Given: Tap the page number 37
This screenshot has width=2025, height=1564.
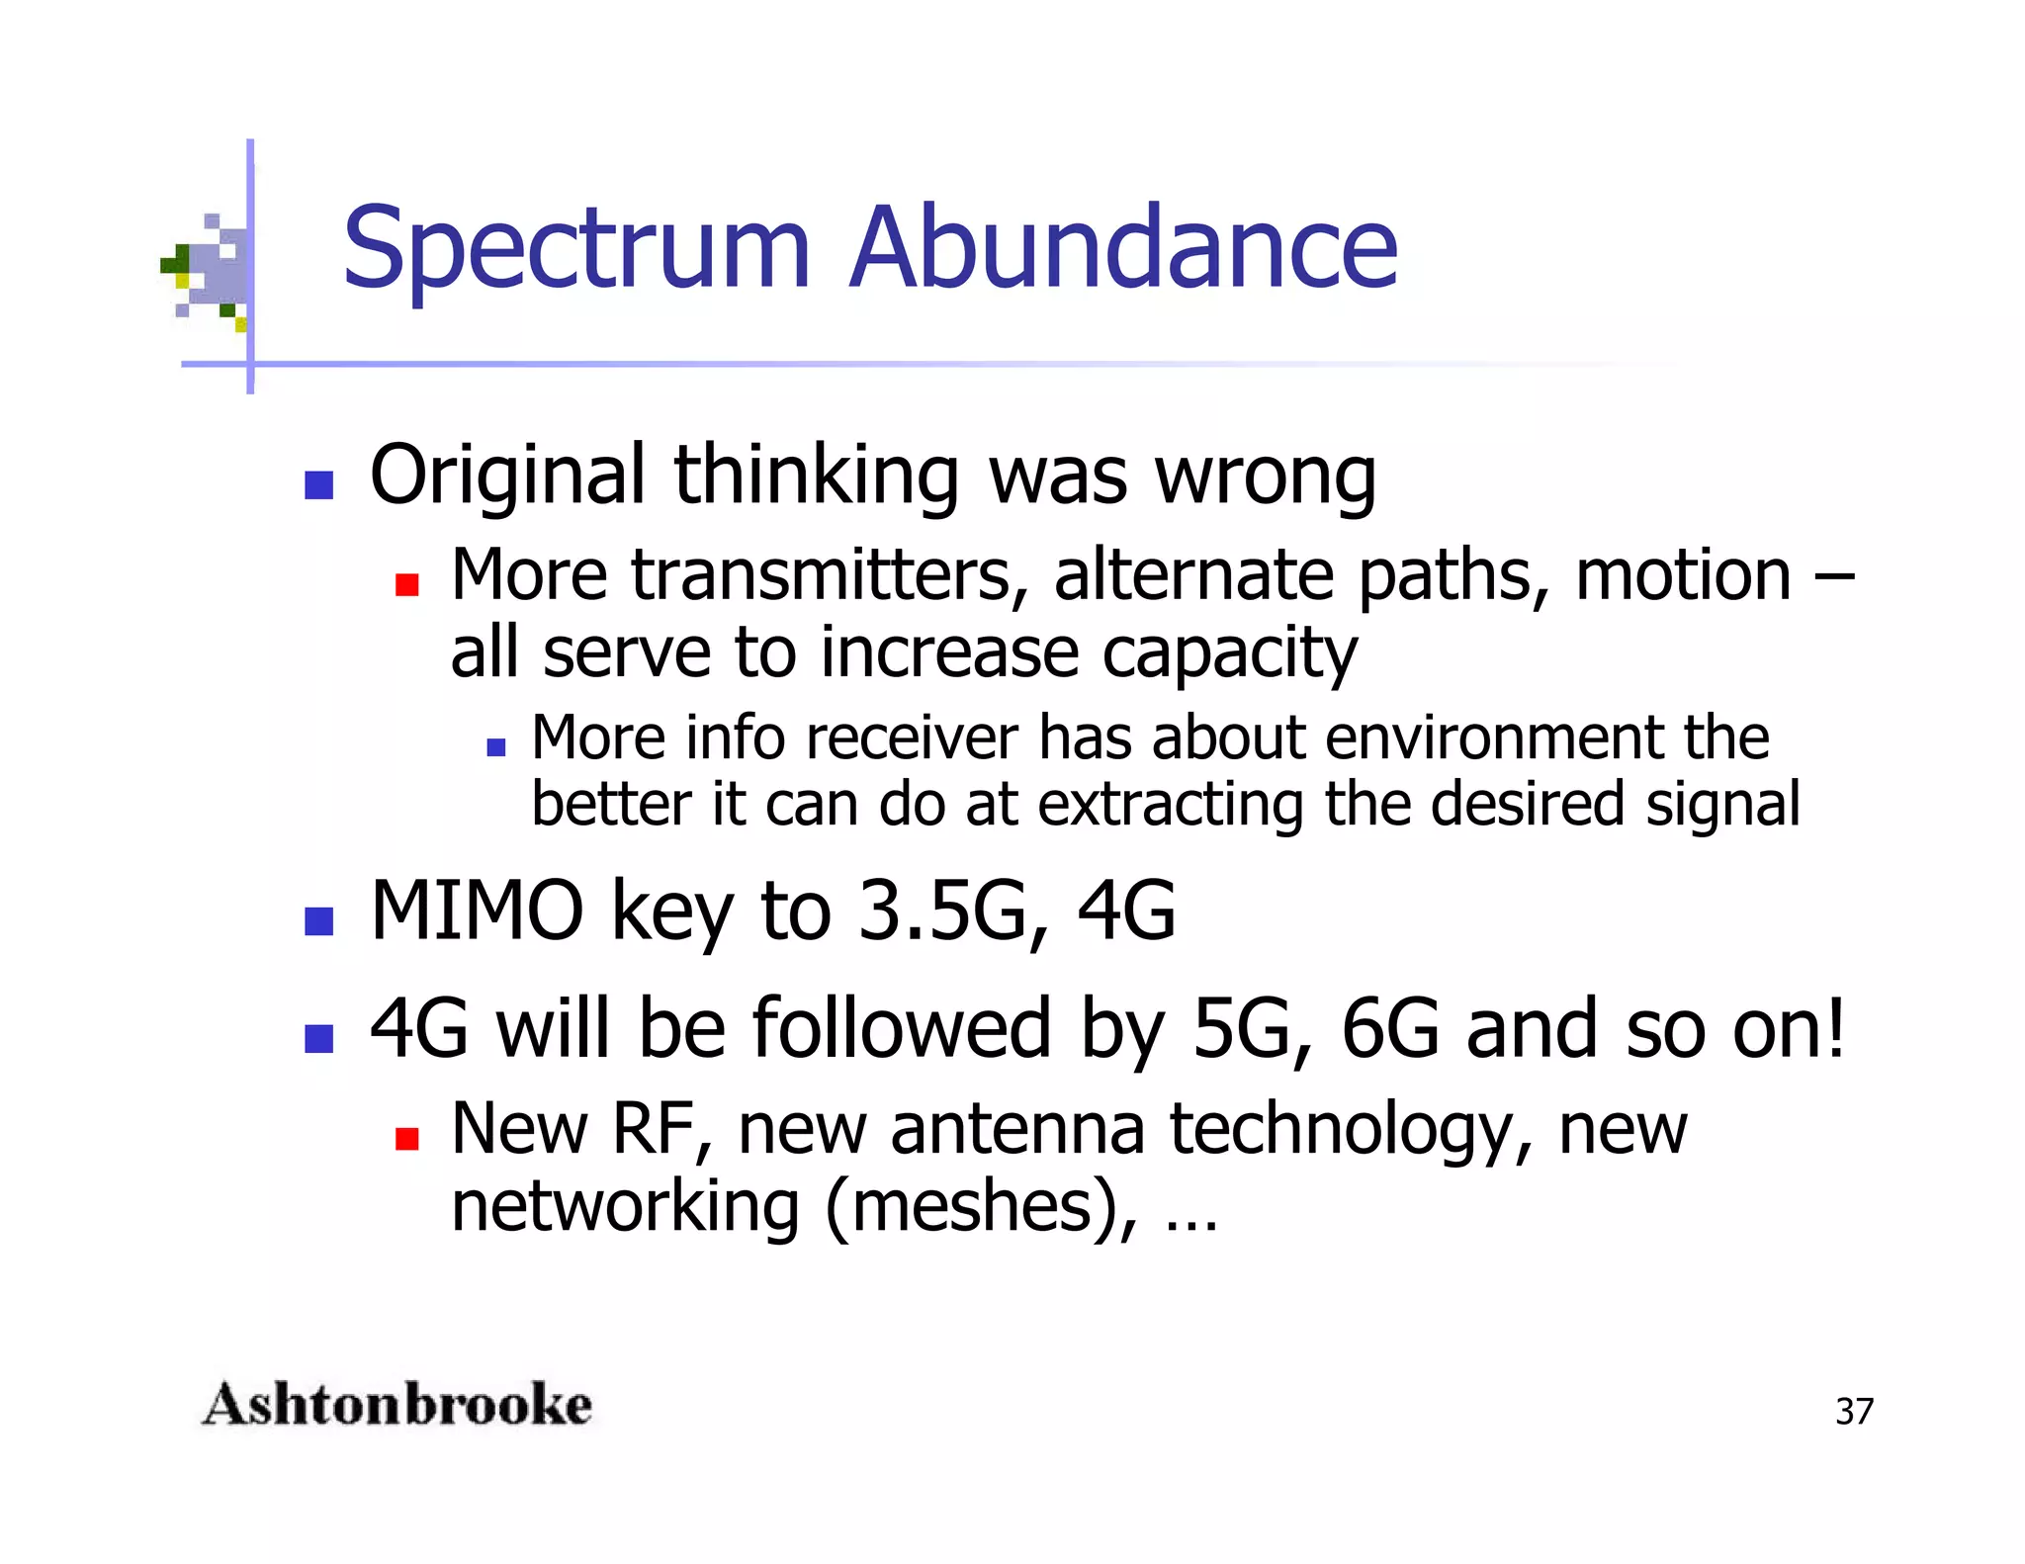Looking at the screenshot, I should click(1854, 1411).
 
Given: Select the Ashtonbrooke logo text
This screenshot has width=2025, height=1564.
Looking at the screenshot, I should click(396, 1405).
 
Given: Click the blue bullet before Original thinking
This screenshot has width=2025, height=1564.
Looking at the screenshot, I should click(318, 485).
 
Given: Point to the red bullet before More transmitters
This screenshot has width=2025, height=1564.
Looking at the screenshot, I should click(406, 585).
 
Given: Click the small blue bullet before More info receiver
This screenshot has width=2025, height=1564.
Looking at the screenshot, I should click(496, 747).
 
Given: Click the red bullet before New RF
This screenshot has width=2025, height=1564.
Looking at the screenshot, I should click(406, 1139).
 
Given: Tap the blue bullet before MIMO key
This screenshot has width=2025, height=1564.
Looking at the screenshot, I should click(318, 921).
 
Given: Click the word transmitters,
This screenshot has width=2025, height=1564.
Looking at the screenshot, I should click(831, 575).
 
